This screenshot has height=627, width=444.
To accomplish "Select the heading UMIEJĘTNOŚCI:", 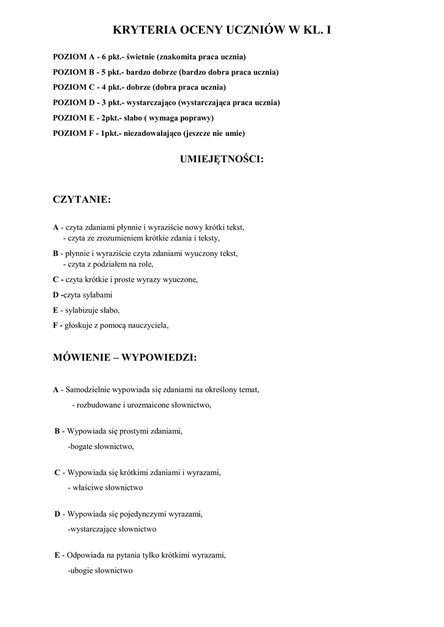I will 222,159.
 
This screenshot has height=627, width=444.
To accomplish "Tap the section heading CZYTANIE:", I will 81,200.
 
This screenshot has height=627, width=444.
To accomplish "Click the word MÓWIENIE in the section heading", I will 83,358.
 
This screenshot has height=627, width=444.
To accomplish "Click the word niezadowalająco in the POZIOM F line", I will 152,133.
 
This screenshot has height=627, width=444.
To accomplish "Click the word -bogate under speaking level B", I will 80,446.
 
